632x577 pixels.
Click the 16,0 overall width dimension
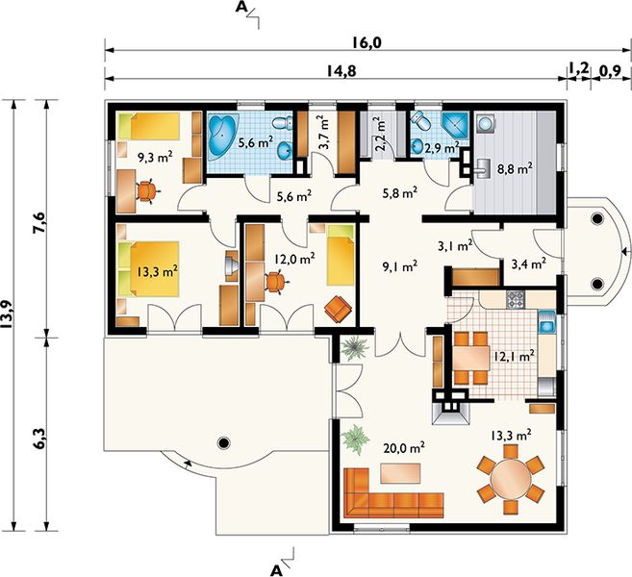[x=367, y=42]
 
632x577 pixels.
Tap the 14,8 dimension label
[x=341, y=71]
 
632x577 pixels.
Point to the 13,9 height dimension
[x=8, y=314]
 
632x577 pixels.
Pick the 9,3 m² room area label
[x=155, y=156]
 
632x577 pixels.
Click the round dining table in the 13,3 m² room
[x=511, y=479]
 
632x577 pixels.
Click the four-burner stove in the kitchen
[x=516, y=299]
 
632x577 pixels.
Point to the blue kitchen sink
[x=547, y=322]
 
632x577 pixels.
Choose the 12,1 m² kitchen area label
[x=514, y=356]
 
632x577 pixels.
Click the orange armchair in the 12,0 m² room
[x=339, y=309]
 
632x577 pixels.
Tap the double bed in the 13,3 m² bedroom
[x=148, y=268]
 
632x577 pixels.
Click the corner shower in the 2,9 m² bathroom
[x=455, y=126]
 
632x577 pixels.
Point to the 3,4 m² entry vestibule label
[x=528, y=263]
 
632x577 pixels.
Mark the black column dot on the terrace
[x=223, y=443]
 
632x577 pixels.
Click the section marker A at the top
[x=240, y=7]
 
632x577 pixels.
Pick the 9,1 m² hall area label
[x=399, y=266]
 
